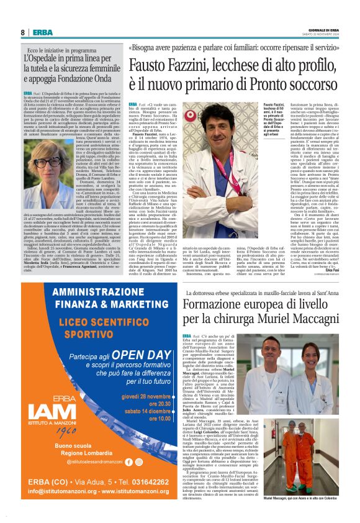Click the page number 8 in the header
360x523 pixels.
click(x=23, y=32)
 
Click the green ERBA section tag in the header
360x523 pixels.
click(x=43, y=32)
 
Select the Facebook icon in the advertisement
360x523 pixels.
click(x=129, y=462)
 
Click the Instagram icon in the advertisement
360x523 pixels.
click(x=138, y=462)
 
